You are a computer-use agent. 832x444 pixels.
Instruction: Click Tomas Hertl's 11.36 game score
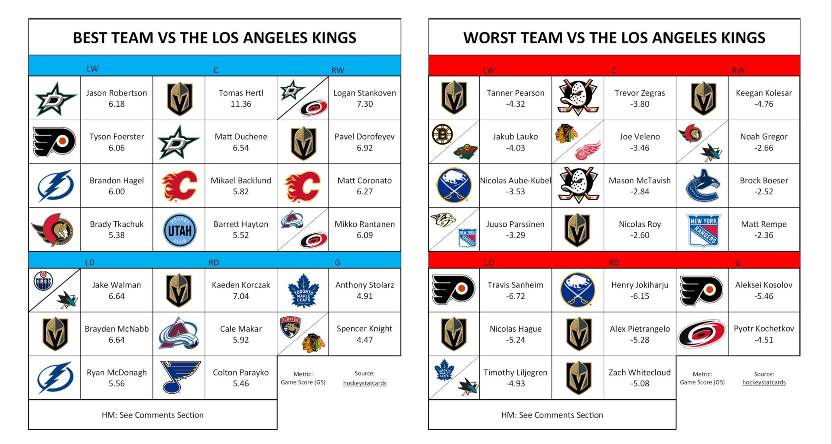click(240, 104)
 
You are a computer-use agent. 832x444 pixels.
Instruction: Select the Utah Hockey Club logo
click(179, 230)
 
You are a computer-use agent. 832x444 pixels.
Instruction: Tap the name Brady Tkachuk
click(117, 224)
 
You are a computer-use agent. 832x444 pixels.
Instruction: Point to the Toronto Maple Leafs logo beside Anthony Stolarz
click(303, 291)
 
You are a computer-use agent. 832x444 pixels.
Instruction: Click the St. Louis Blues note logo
click(179, 376)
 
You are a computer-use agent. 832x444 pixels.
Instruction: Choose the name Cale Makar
click(240, 329)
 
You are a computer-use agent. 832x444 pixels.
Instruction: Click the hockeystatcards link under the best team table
click(364, 383)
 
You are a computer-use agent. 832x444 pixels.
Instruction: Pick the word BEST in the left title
click(91, 38)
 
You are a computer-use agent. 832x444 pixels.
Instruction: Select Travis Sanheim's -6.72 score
click(515, 296)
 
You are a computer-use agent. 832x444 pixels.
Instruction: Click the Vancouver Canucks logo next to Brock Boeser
click(702, 186)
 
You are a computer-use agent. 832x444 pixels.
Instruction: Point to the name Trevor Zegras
click(640, 93)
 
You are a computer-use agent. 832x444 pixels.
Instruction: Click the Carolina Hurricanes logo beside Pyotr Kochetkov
click(702, 333)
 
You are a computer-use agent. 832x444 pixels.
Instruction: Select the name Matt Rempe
click(764, 224)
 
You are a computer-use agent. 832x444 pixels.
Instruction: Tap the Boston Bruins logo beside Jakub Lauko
click(442, 134)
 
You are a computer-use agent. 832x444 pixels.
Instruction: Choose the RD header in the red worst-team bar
click(614, 262)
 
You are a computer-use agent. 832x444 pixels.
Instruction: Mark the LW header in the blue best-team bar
click(92, 69)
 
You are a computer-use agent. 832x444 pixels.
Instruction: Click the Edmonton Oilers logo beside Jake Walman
click(43, 281)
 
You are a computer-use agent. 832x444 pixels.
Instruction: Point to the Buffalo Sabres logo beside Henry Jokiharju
click(578, 290)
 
